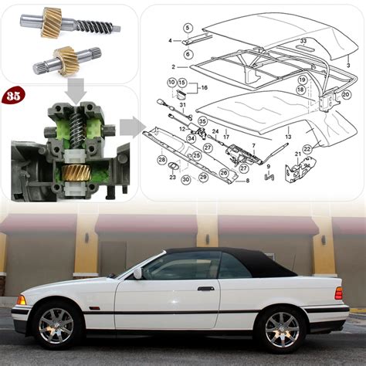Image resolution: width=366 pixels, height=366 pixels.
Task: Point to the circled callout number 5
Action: click(x=188, y=28)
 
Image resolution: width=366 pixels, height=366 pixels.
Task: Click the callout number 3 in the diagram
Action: click(x=348, y=66)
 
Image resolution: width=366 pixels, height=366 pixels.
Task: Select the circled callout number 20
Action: click(x=346, y=94)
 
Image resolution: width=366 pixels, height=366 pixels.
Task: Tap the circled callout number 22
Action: click(x=307, y=149)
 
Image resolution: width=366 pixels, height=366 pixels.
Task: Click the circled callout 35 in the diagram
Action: click(x=202, y=121)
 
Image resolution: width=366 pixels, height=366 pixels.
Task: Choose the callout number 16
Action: click(x=204, y=88)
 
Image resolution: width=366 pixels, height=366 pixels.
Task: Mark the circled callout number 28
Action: click(x=162, y=159)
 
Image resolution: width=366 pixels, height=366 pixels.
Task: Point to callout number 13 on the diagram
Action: click(x=288, y=137)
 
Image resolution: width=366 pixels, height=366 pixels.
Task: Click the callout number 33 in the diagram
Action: click(x=303, y=40)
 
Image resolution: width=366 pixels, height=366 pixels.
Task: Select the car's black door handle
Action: click(x=205, y=289)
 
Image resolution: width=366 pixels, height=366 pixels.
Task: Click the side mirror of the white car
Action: click(x=137, y=273)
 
